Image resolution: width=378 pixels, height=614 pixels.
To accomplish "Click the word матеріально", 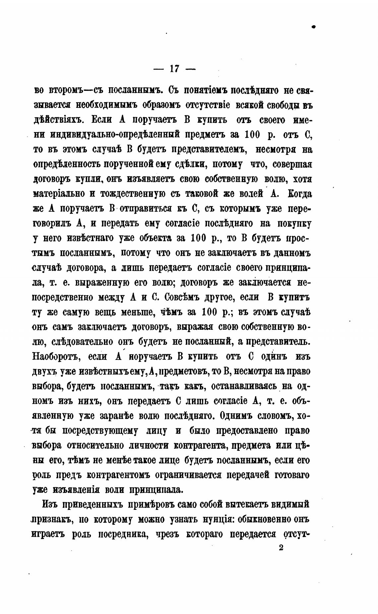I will pyautogui.click(x=59, y=194).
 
